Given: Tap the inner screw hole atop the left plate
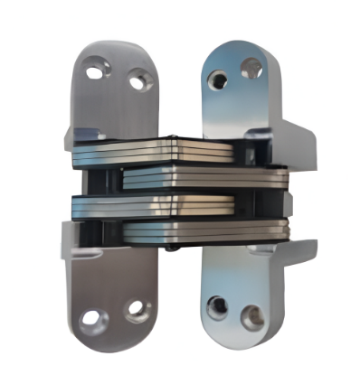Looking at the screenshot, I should click(137, 82).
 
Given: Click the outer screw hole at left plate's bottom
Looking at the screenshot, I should click(93, 319).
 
